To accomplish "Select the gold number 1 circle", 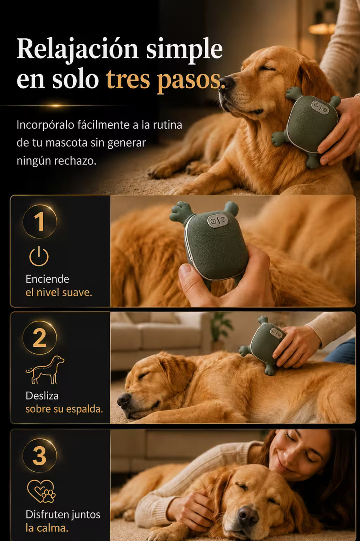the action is pyautogui.click(x=40, y=221).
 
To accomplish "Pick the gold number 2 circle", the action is pyautogui.click(x=40, y=338).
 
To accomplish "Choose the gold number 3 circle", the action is pyautogui.click(x=40, y=455).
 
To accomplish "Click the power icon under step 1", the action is pyautogui.click(x=39, y=256).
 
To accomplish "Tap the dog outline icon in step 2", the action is pyautogui.click(x=45, y=370).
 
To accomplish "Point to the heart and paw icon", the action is pyautogui.click(x=41, y=491).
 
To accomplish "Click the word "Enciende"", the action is pyautogui.click(x=47, y=279).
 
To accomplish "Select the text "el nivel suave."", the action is pyautogui.click(x=59, y=292).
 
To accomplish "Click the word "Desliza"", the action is pyautogui.click(x=42, y=396).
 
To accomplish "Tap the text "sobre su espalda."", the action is pyautogui.click(x=64, y=409).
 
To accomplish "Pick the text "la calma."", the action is pyautogui.click(x=47, y=528).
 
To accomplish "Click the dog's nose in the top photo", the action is pyautogui.click(x=227, y=83).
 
